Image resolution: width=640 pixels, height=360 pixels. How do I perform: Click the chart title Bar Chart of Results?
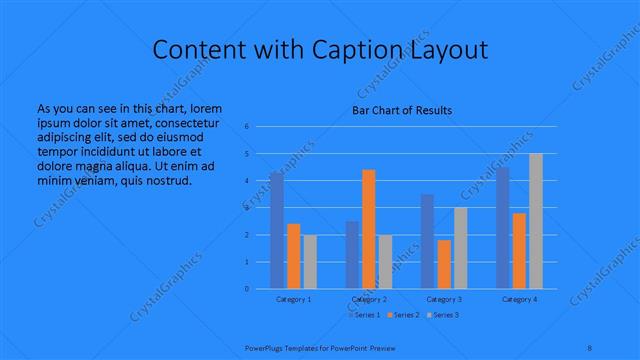click(401, 110)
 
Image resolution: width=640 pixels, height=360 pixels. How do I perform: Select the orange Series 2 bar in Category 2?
click(368, 229)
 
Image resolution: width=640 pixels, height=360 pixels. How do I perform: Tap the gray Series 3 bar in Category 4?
click(535, 221)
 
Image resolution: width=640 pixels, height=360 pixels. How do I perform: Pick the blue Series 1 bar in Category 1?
click(276, 230)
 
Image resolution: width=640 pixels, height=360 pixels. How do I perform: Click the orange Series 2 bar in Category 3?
click(444, 264)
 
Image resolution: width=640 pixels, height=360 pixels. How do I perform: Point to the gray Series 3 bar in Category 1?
click(310, 261)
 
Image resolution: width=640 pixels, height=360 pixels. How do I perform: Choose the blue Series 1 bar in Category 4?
click(502, 228)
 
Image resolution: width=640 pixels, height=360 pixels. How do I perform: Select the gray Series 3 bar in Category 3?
click(460, 248)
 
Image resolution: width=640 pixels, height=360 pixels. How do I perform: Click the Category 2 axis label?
click(368, 299)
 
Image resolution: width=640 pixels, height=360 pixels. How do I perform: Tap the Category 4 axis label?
click(519, 299)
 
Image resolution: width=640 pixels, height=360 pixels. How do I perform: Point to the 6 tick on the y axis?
click(246, 127)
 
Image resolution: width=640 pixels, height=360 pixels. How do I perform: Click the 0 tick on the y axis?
click(246, 289)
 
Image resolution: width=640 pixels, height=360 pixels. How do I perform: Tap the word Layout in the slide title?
click(450, 50)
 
